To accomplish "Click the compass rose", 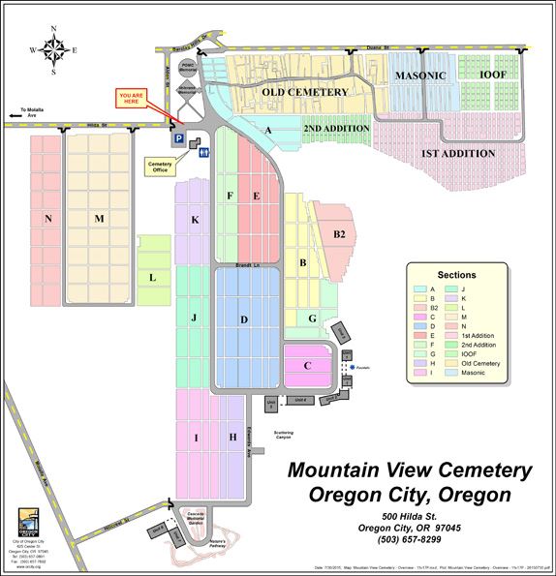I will tap(54, 48).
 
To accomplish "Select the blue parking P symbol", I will tap(177, 140).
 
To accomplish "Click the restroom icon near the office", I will tap(200, 144).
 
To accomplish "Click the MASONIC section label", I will tap(419, 76).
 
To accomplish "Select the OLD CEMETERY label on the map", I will tap(305, 92).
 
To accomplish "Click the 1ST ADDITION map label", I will tap(458, 154).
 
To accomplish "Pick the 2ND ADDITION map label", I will tap(336, 128).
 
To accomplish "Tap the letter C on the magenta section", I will tap(307, 365).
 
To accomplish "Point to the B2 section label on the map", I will tap(339, 234).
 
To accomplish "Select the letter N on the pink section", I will tap(47, 219).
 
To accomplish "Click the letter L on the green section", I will tap(152, 277).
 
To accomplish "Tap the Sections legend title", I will tap(457, 276).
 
